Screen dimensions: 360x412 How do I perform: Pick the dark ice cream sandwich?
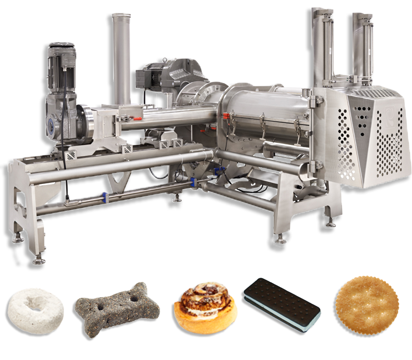tap(281, 305)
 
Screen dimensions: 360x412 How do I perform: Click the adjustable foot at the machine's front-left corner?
tap(38, 257)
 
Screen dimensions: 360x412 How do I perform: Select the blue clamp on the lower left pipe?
tap(103, 196)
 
